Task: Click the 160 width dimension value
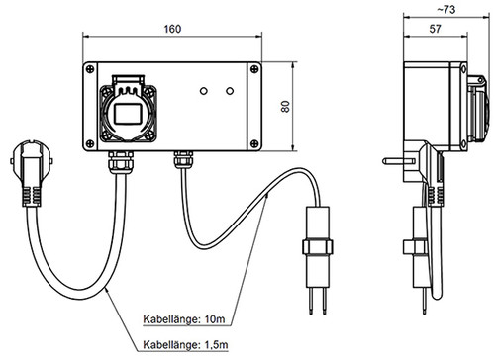click(172, 29)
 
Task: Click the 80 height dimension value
click(286, 107)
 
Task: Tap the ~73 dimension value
click(446, 10)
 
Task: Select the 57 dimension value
click(435, 29)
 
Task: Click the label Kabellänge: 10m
click(184, 319)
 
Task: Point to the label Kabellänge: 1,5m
click(185, 345)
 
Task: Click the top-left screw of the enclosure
click(90, 69)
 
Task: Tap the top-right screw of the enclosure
click(254, 69)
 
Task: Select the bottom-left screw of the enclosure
click(90, 143)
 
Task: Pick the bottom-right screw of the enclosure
click(254, 143)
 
